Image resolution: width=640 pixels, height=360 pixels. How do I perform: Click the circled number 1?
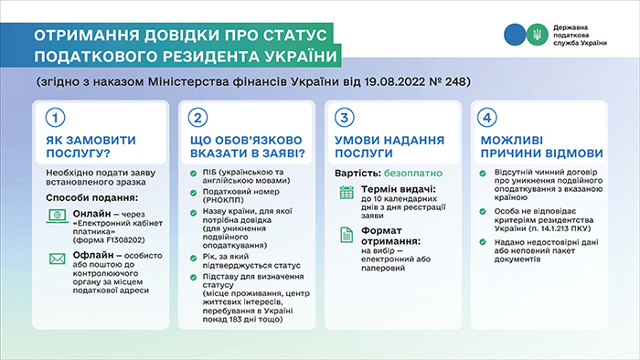(x=56, y=119)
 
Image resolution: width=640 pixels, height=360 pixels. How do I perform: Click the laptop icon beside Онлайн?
(x=54, y=218)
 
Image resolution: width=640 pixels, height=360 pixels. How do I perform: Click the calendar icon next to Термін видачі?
(x=347, y=193)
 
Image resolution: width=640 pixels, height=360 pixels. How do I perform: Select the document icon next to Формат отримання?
(x=347, y=234)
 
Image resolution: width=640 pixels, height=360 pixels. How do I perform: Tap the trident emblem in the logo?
(x=538, y=35)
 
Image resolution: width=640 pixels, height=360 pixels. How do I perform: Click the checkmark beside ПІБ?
(x=194, y=173)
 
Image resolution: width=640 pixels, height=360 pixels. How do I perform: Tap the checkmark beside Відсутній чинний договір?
(x=485, y=173)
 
